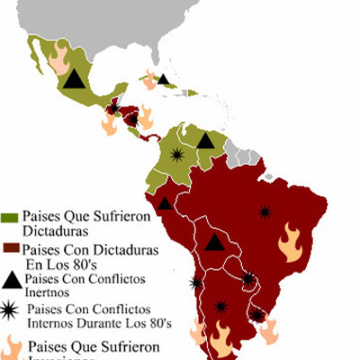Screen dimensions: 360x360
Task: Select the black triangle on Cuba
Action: point(163,79)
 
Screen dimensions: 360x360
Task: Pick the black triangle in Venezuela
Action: point(206,140)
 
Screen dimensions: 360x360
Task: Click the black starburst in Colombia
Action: point(176,156)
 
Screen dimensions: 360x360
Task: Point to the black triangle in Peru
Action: point(165,203)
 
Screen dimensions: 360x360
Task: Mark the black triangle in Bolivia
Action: point(213,241)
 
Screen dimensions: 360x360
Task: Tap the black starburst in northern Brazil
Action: point(265,211)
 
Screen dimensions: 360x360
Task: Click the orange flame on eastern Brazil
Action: point(290,241)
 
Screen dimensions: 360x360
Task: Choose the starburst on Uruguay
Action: point(259,315)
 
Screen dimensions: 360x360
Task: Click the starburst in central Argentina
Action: point(221,306)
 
